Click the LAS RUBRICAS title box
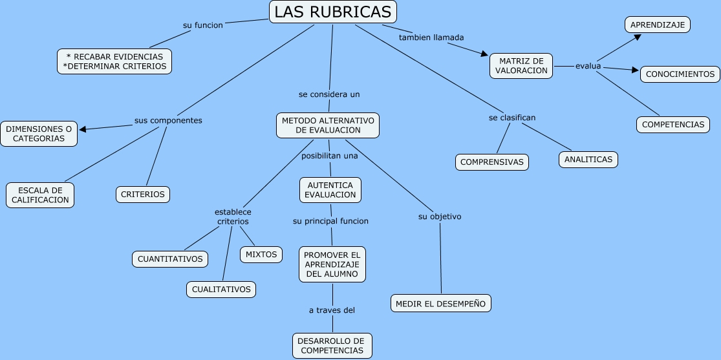tap(332, 12)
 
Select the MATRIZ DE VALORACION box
tap(521, 66)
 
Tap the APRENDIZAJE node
tap(658, 25)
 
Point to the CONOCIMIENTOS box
tap(680, 74)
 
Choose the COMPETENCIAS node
tap(673, 125)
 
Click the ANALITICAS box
tap(588, 160)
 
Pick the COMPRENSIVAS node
tap(492, 162)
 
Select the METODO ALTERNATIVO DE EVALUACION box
tap(328, 125)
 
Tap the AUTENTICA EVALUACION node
tap(330, 190)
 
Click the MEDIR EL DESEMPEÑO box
tap(441, 304)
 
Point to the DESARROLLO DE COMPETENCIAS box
tap(332, 346)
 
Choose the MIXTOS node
tap(261, 255)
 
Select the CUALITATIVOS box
tap(221, 290)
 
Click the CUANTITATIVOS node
tap(170, 259)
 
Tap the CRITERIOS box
tap(142, 195)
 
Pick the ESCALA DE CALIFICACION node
tap(40, 195)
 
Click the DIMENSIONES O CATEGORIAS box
tap(39, 134)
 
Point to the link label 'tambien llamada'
tap(431, 37)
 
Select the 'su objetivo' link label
tap(440, 217)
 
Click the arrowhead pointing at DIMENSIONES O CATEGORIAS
tap(83, 129)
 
